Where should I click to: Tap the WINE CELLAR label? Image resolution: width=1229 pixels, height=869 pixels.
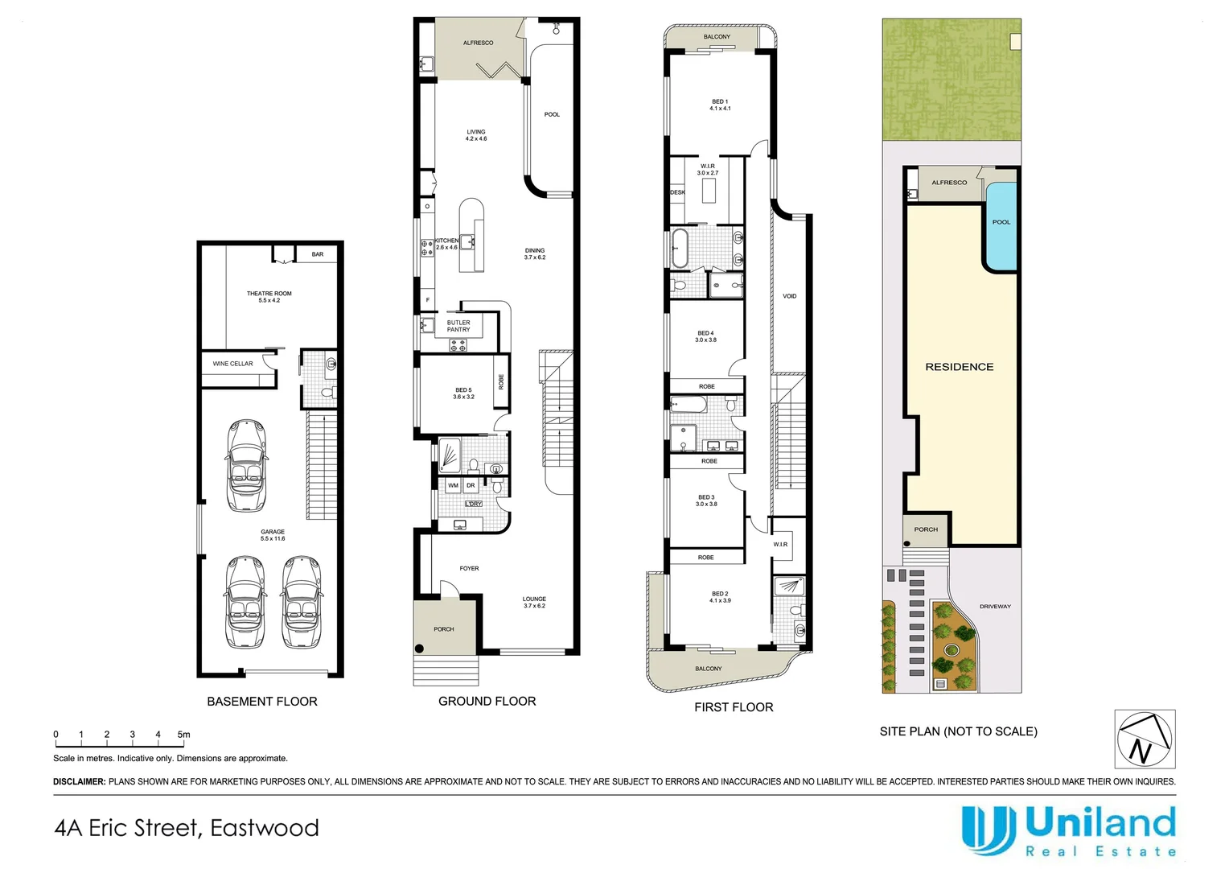tap(232, 364)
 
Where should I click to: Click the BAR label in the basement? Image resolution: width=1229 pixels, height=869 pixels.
tap(318, 254)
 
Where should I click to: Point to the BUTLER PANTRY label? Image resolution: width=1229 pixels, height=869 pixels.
tap(458, 326)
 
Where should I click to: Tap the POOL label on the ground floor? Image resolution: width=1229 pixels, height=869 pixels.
tap(552, 114)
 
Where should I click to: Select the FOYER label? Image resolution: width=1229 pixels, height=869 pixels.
tap(469, 569)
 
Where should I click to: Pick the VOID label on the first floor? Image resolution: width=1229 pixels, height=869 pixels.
tap(789, 296)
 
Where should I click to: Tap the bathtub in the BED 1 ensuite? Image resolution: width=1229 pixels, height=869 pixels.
tap(680, 248)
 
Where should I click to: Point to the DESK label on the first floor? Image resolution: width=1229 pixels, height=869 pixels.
tap(677, 193)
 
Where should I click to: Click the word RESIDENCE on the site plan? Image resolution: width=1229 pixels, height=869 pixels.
tap(959, 367)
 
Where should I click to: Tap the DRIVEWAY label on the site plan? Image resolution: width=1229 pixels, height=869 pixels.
tap(995, 607)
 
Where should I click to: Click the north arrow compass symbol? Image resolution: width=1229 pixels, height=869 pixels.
tap(1145, 739)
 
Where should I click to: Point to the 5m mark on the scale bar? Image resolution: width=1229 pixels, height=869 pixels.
tap(183, 735)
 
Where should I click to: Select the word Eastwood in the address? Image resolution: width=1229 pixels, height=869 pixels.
tap(265, 828)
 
